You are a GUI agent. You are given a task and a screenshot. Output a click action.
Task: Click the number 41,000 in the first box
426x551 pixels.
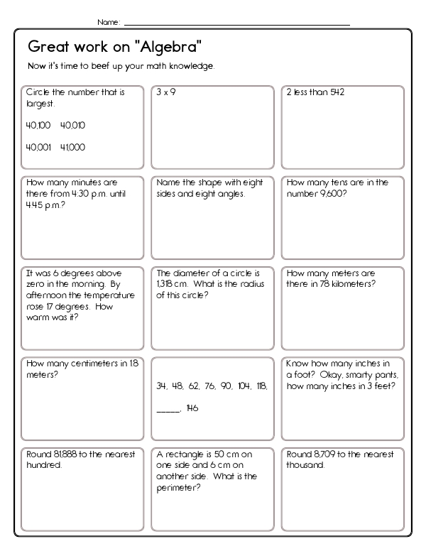[x=73, y=147]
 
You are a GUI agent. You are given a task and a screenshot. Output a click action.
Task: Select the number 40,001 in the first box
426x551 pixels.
[x=38, y=147]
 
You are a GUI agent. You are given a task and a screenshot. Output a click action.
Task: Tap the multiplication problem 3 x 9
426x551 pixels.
[x=166, y=92]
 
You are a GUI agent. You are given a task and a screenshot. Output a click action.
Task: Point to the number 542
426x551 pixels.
[x=335, y=92]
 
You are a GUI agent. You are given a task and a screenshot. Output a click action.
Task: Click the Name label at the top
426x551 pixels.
[x=109, y=23]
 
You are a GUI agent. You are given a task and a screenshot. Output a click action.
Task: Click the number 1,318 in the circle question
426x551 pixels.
[x=164, y=283]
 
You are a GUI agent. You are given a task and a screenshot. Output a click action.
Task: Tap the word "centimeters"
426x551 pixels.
[x=86, y=364]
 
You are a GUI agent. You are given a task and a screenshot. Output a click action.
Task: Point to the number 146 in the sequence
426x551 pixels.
[x=192, y=408]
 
